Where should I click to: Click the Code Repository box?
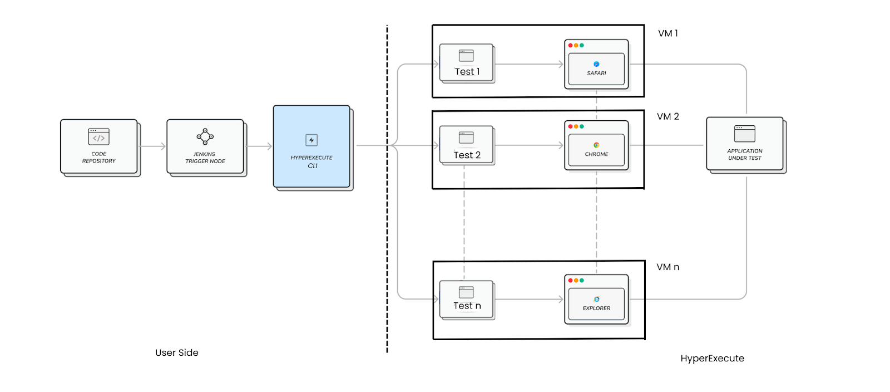click(99, 147)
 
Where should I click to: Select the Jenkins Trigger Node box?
click(205, 147)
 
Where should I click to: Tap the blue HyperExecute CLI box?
click(311, 147)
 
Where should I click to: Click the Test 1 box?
click(467, 63)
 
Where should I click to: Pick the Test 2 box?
click(467, 145)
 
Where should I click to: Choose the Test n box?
click(467, 300)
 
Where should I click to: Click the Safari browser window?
click(596, 65)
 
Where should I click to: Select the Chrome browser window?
click(596, 145)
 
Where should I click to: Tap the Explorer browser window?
click(596, 300)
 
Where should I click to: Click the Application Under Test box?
click(745, 144)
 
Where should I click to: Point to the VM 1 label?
click(667, 33)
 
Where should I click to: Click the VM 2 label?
click(667, 116)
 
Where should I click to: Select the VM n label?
click(667, 267)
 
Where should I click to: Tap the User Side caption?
click(177, 352)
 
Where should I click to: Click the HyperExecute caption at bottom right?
click(712, 359)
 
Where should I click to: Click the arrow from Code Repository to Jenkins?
click(153, 146)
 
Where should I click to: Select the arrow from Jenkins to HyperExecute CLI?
click(259, 146)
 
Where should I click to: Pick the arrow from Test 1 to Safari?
click(528, 65)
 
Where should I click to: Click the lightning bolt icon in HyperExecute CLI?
click(311, 140)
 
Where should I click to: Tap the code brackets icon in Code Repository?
click(99, 137)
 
